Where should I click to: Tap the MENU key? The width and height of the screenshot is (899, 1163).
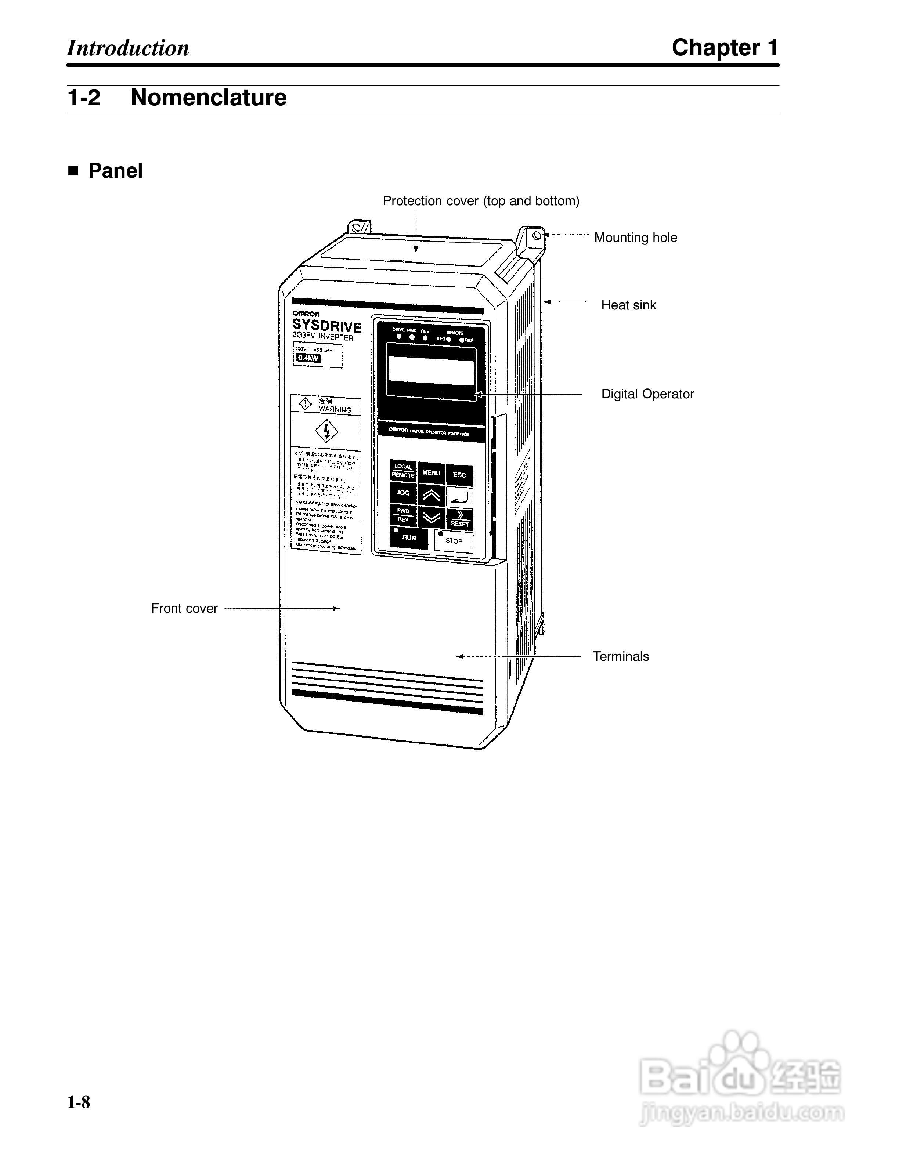[x=431, y=472]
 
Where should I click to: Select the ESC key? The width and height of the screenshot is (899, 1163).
[x=459, y=474]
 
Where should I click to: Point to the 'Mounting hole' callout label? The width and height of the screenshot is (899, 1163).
[x=635, y=238]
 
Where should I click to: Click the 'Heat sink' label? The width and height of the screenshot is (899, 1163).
[x=628, y=305]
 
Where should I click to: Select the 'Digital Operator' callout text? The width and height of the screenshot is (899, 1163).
[x=647, y=394]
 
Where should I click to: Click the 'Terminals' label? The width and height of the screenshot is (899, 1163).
[x=621, y=657]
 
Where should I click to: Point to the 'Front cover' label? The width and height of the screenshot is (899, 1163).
[x=184, y=608]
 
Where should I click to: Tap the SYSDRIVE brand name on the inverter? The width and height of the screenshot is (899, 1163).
[x=326, y=325]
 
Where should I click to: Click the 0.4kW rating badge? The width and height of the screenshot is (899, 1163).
[x=308, y=358]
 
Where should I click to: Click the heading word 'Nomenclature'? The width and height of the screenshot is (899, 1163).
[x=208, y=97]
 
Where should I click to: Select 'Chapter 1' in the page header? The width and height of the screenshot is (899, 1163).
[x=724, y=48]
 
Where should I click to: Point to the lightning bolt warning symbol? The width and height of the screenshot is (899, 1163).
[x=326, y=431]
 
